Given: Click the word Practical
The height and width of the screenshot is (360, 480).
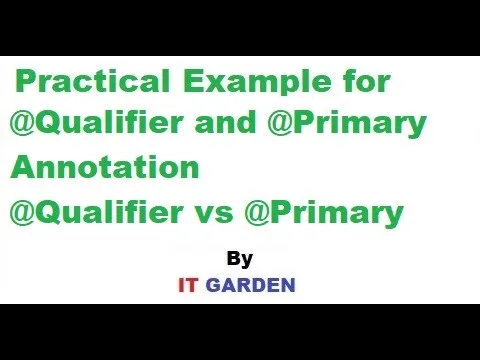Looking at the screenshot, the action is point(93,80).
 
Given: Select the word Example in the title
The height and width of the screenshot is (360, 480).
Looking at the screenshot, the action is point(256,82).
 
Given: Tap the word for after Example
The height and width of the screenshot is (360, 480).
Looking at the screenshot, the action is point(365,80).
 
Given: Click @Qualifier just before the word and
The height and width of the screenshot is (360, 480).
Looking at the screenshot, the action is point(96,122).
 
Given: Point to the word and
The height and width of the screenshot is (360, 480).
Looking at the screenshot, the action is point(225,122).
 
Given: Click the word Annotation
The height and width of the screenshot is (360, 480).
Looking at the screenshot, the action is point(105,166).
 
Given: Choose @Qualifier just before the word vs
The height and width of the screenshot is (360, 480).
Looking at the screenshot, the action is point(96,212).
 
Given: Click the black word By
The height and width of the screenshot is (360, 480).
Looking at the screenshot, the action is point(240,259).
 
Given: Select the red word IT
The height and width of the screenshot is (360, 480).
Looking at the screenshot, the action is point(189,285).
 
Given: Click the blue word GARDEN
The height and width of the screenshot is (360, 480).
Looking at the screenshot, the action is point(251,285).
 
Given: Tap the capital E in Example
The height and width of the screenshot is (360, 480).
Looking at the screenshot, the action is point(193,80).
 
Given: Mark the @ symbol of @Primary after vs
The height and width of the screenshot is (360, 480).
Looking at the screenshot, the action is point(257,213).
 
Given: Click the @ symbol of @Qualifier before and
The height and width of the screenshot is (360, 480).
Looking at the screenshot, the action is point(22,122).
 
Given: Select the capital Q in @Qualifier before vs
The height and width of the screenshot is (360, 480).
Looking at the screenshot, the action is point(48,212).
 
